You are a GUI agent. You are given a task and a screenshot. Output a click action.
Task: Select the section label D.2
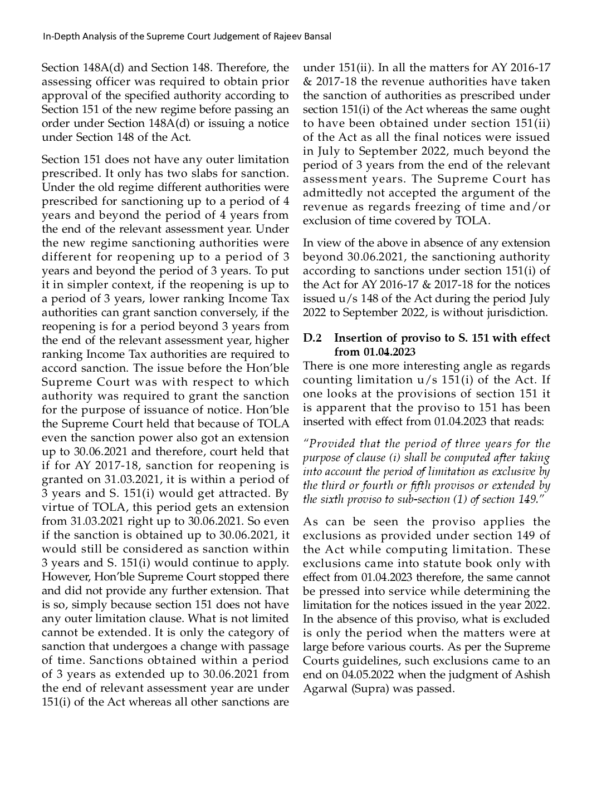point(312,338)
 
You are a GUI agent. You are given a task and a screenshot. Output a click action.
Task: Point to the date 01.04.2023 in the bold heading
point(389,352)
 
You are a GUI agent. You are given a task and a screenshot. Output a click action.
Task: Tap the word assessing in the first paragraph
point(65,82)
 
